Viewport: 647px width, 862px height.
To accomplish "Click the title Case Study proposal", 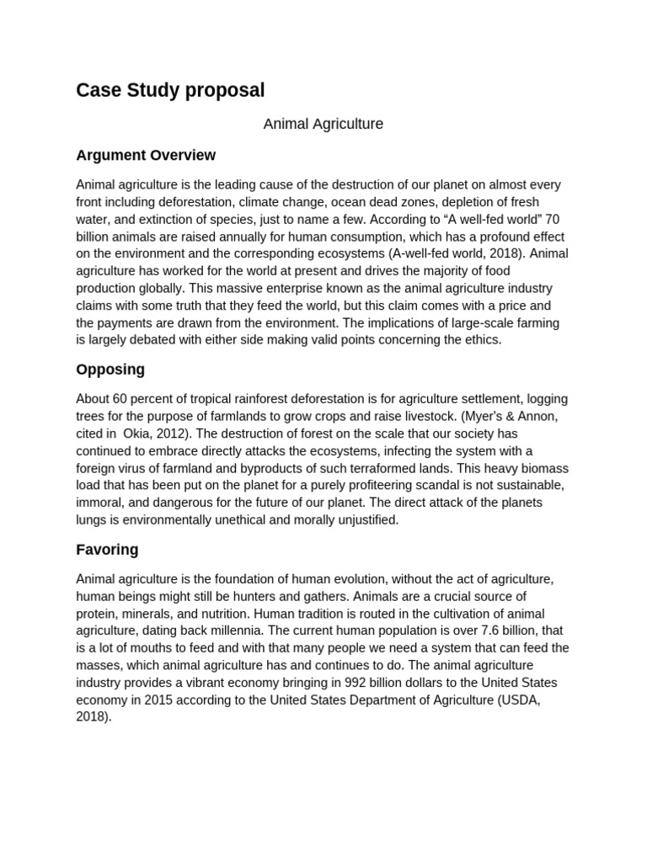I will [x=170, y=90].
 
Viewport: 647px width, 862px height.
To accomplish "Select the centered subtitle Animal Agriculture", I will [x=323, y=124].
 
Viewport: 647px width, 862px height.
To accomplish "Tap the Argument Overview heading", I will [x=146, y=155].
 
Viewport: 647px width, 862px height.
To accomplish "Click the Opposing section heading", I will [x=110, y=369].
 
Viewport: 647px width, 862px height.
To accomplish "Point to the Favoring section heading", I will [x=107, y=550].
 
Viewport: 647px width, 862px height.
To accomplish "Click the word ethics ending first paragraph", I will [x=481, y=339].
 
